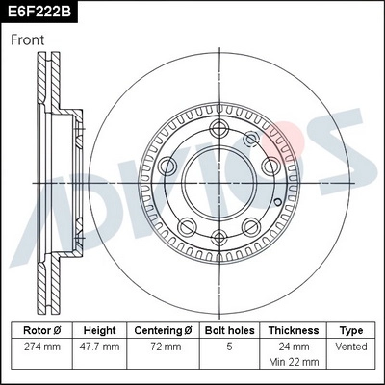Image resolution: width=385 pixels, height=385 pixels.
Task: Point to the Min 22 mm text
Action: pos(295,364)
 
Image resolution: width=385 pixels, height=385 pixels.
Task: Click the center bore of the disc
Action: pos(218,183)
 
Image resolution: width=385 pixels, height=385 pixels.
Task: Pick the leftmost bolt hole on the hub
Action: pos(171,165)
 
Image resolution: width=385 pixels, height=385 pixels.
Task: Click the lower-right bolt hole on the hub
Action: pos(251,227)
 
